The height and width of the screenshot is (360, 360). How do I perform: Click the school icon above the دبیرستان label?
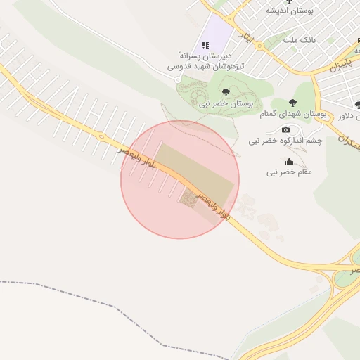coord(206,45)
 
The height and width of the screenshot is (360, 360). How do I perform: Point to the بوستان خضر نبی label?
coord(226,103)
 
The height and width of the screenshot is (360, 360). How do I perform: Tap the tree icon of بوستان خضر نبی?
coord(226,92)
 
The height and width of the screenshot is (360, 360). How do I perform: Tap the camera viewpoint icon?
coord(285,130)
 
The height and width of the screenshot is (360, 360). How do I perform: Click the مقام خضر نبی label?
coord(289,172)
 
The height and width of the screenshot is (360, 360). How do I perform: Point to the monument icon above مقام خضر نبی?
coord(290,161)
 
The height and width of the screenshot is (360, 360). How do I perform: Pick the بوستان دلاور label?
coord(347,115)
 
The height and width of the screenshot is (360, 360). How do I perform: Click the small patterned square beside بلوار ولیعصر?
coord(188,199)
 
